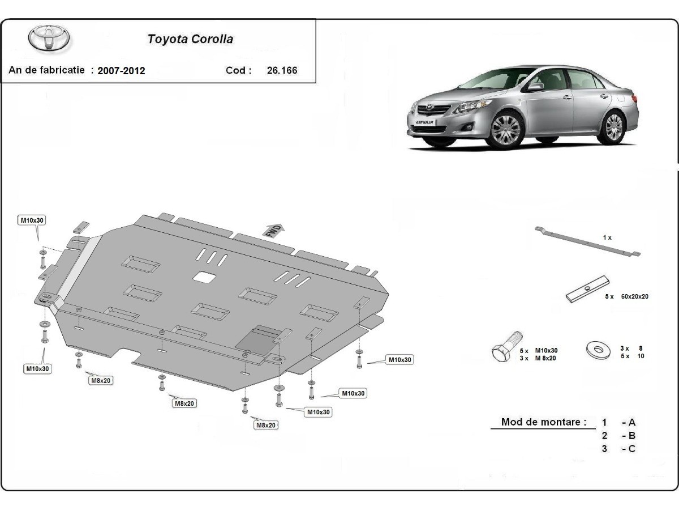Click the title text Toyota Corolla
(190, 39)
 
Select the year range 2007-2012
(121, 71)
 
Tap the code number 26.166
(282, 71)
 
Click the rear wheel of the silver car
(613, 126)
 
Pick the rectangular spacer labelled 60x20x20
(587, 290)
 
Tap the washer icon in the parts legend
(598, 350)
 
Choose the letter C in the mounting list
(631, 449)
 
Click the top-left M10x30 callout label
(33, 220)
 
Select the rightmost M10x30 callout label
(399, 359)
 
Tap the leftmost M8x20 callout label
(100, 380)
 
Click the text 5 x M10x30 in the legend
(539, 350)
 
